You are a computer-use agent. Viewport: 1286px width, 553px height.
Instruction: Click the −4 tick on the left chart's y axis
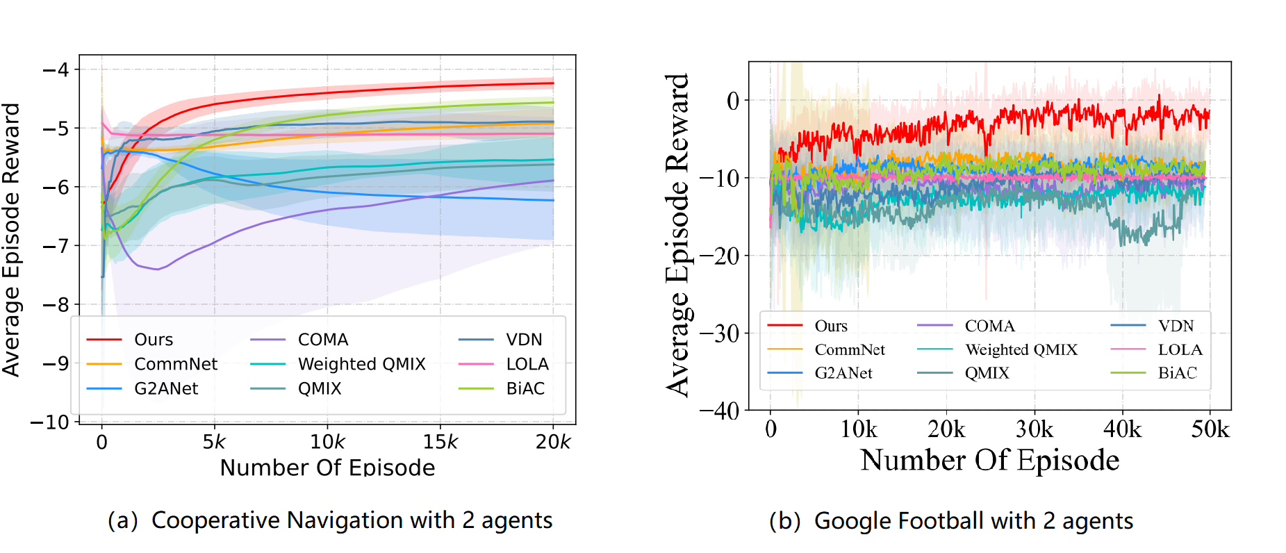click(x=56, y=69)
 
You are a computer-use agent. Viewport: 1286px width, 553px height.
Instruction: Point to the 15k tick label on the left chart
click(x=440, y=441)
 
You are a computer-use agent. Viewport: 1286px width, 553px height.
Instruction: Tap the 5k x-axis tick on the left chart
click(x=214, y=441)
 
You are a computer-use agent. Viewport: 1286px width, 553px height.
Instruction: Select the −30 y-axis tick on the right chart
click(x=720, y=333)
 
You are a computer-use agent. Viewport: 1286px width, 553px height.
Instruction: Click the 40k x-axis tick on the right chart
click(x=1122, y=429)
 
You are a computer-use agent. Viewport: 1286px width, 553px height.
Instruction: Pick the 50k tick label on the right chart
click(x=1210, y=429)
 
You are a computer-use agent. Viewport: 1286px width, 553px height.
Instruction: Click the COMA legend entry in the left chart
click(x=322, y=340)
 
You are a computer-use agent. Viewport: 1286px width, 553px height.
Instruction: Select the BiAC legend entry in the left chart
click(x=525, y=388)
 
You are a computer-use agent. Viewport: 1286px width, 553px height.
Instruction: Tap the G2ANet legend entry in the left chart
click(x=165, y=388)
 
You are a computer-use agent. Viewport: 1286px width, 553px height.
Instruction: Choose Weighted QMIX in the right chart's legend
click(x=1021, y=349)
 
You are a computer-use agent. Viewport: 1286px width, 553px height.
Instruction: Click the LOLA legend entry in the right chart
click(x=1180, y=349)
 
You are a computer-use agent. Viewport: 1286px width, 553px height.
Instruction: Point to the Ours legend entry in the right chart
click(x=831, y=326)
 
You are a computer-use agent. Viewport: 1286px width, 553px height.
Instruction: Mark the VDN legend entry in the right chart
click(x=1176, y=326)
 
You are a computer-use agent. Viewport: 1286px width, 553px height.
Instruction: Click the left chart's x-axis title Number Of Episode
click(x=327, y=467)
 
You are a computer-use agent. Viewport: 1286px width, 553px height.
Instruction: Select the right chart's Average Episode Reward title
click(x=677, y=235)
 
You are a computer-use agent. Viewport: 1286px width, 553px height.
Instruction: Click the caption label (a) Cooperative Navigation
click(x=330, y=520)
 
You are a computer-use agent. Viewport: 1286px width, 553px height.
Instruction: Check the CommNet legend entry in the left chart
click(x=175, y=364)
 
